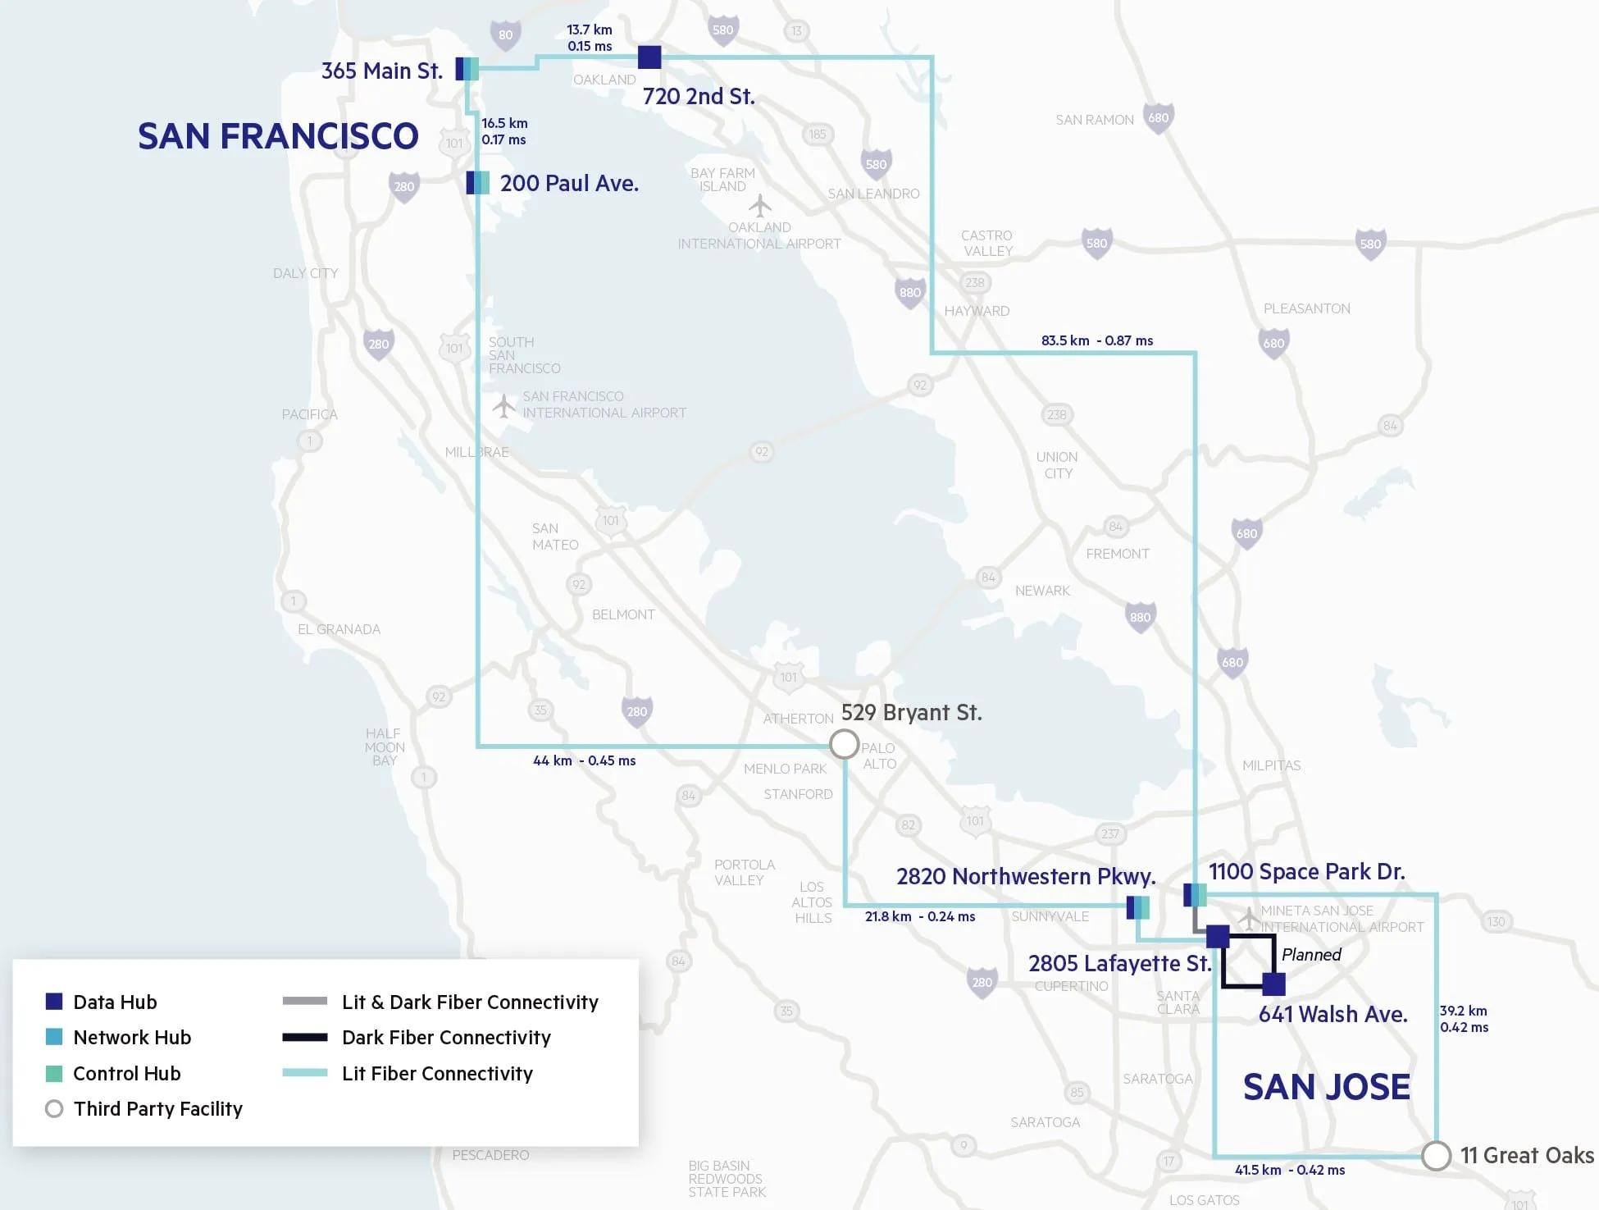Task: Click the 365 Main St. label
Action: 381,71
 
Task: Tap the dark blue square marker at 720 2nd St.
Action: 649,57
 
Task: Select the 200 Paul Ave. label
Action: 569,184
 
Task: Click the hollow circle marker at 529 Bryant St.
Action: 844,744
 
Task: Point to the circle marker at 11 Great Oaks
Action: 1436,1155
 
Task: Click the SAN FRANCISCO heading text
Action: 278,136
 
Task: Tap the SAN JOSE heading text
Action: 1326,1087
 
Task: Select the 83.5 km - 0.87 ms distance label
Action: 1096,340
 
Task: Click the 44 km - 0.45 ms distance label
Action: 584,760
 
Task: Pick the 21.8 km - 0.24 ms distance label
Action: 919,916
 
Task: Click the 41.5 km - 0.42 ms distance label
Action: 1289,1170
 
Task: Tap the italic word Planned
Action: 1311,955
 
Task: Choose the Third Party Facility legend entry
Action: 157,1109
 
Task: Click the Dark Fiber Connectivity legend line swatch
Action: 304,1038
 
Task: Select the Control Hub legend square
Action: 54,1073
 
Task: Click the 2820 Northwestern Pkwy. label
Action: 1026,877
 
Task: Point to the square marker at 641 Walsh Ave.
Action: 1273,984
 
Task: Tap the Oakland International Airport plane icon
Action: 760,205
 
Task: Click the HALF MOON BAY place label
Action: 385,747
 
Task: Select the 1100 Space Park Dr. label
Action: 1306,872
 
